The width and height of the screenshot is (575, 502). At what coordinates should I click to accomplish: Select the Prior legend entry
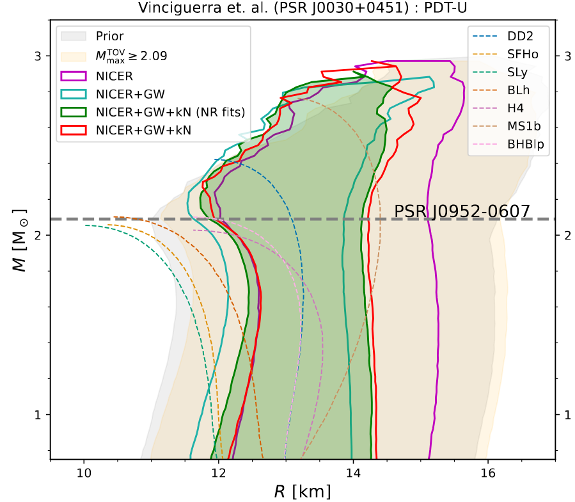[109, 36]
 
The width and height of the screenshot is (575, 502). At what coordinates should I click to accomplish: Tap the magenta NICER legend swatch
[73, 75]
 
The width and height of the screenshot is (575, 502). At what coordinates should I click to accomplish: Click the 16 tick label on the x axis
[487, 473]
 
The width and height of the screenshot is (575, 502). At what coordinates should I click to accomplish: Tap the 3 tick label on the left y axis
[38, 56]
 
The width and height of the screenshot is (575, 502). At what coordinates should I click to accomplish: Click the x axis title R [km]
[303, 491]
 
